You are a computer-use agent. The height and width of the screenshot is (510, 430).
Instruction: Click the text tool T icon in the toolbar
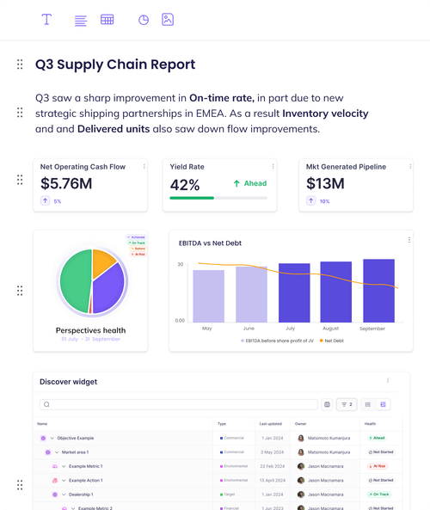[x=46, y=20]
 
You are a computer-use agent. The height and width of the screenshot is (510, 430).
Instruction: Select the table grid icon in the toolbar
[x=107, y=20]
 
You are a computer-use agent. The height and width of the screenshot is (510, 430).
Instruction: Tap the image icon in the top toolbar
[x=168, y=20]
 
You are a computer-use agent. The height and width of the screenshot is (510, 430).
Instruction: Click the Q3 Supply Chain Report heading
[x=115, y=65]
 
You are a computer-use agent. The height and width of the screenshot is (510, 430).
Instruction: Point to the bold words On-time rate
[x=221, y=98]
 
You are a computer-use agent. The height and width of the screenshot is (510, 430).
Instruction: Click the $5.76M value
[x=66, y=183]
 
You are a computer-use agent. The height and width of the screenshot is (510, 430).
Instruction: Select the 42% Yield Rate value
[x=185, y=184]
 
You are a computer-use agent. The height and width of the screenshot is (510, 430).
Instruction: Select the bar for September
[x=378, y=290]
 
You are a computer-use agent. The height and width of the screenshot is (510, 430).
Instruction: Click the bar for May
[x=208, y=295]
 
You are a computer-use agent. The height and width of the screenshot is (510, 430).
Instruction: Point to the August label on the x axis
[x=331, y=329]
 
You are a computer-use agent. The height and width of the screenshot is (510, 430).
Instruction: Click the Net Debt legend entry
[x=332, y=341]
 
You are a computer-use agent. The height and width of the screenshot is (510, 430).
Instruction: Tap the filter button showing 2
[x=347, y=404]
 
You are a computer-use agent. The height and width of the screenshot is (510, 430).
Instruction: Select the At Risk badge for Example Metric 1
[x=380, y=465]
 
